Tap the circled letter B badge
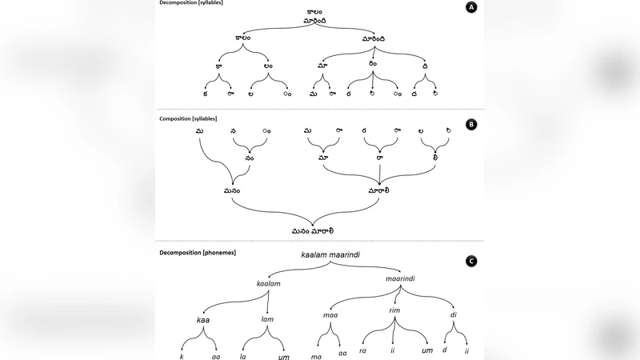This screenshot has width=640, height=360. click(x=471, y=125)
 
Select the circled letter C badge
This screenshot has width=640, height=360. click(x=471, y=262)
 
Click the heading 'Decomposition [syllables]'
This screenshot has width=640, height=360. click(x=192, y=4)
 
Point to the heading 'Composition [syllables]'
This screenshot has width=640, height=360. click(x=189, y=118)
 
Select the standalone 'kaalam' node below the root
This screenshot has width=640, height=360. click(x=269, y=283)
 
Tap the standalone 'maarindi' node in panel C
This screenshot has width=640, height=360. click(x=400, y=279)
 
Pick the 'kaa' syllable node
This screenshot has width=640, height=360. click(x=203, y=320)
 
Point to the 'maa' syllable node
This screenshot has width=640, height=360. click(x=330, y=314)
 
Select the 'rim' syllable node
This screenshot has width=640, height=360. click(x=394, y=310)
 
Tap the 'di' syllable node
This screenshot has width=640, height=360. click(x=454, y=314)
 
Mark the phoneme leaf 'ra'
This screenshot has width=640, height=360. click(x=362, y=350)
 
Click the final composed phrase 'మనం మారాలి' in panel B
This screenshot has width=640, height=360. click(x=313, y=230)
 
